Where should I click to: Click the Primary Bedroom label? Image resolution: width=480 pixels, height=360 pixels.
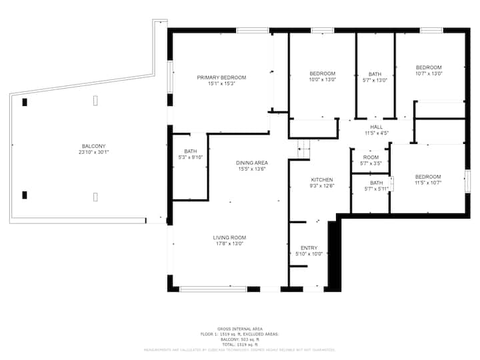coord(221,77)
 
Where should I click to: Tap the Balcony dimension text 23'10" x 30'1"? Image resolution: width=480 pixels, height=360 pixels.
coord(93,152)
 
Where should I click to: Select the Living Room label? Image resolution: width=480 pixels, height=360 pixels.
coord(229,237)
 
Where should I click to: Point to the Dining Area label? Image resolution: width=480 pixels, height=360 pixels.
coord(251,163)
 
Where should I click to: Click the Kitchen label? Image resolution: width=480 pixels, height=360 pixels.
coord(322,180)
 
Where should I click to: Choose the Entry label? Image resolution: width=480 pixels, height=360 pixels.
coord(309,247)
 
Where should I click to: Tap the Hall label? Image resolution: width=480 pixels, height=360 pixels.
coord(376,127)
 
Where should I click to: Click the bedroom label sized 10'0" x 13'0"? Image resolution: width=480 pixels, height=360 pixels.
coord(322,73)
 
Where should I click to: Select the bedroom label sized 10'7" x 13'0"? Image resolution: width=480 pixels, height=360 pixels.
coord(429,67)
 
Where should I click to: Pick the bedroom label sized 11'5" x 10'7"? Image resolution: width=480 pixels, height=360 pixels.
coord(429,176)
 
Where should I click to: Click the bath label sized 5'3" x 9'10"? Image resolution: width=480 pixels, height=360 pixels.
coord(191,151)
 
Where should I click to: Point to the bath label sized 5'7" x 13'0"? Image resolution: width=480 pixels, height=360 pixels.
coord(375,74)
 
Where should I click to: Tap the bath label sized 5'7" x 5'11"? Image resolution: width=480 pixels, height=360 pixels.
coord(377,183)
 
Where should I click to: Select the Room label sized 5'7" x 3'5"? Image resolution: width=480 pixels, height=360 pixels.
coord(371,157)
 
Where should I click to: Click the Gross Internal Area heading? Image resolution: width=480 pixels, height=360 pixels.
coord(239,329)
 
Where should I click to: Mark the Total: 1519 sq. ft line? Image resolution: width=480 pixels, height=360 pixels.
coord(239,344)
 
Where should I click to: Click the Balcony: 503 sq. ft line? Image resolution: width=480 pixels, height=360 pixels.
coord(239,339)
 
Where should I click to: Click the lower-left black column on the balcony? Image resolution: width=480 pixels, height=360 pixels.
coord(25,195)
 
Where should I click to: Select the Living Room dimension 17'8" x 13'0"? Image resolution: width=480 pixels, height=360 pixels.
coord(229,243)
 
